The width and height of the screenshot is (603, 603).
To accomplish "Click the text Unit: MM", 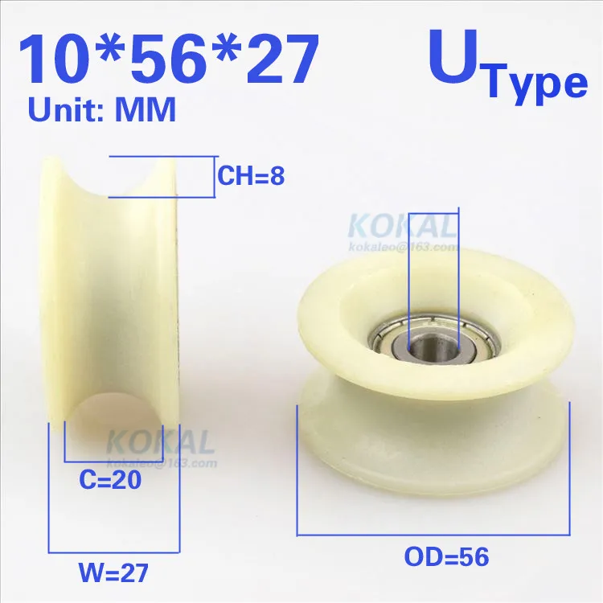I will [102, 110].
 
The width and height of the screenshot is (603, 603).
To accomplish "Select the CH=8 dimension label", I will [251, 175].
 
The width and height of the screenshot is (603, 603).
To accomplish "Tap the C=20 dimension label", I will [110, 481].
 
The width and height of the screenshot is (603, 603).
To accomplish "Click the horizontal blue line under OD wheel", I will [433, 534].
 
